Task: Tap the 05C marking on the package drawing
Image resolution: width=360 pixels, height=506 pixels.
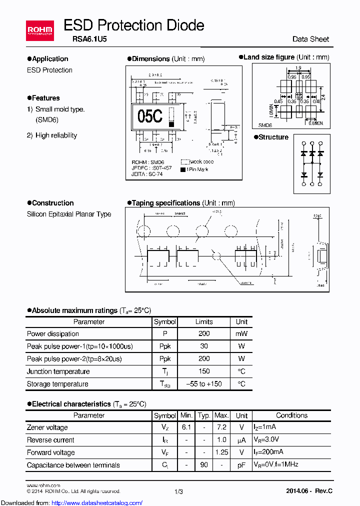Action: [x=150, y=116]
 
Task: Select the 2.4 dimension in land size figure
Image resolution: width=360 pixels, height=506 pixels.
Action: [x=323, y=97]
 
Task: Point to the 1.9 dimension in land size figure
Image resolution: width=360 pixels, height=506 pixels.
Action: [x=298, y=68]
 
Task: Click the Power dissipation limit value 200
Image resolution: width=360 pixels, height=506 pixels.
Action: [x=204, y=334]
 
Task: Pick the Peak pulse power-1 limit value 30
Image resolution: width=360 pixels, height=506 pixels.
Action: [x=204, y=346]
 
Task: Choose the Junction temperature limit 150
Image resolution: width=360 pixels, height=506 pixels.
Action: [x=204, y=371]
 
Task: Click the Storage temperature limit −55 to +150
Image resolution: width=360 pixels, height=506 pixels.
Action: [x=204, y=384]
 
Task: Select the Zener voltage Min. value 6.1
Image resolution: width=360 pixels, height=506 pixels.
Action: [x=186, y=427]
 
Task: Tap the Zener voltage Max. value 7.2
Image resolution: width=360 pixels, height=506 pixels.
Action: [x=221, y=427]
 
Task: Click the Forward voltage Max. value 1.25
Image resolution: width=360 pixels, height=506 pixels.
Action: [x=221, y=452]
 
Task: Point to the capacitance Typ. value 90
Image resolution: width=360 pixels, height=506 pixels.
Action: [x=204, y=465]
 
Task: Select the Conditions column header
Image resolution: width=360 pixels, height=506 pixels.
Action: [x=291, y=415]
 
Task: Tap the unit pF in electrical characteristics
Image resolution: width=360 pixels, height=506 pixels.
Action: [x=241, y=465]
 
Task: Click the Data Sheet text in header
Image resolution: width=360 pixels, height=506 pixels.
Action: [x=310, y=39]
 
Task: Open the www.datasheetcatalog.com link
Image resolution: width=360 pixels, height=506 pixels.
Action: [x=71, y=502]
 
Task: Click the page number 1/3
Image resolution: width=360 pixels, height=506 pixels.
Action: [x=179, y=492]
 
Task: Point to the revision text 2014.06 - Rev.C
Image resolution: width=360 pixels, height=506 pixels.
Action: [x=309, y=491]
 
